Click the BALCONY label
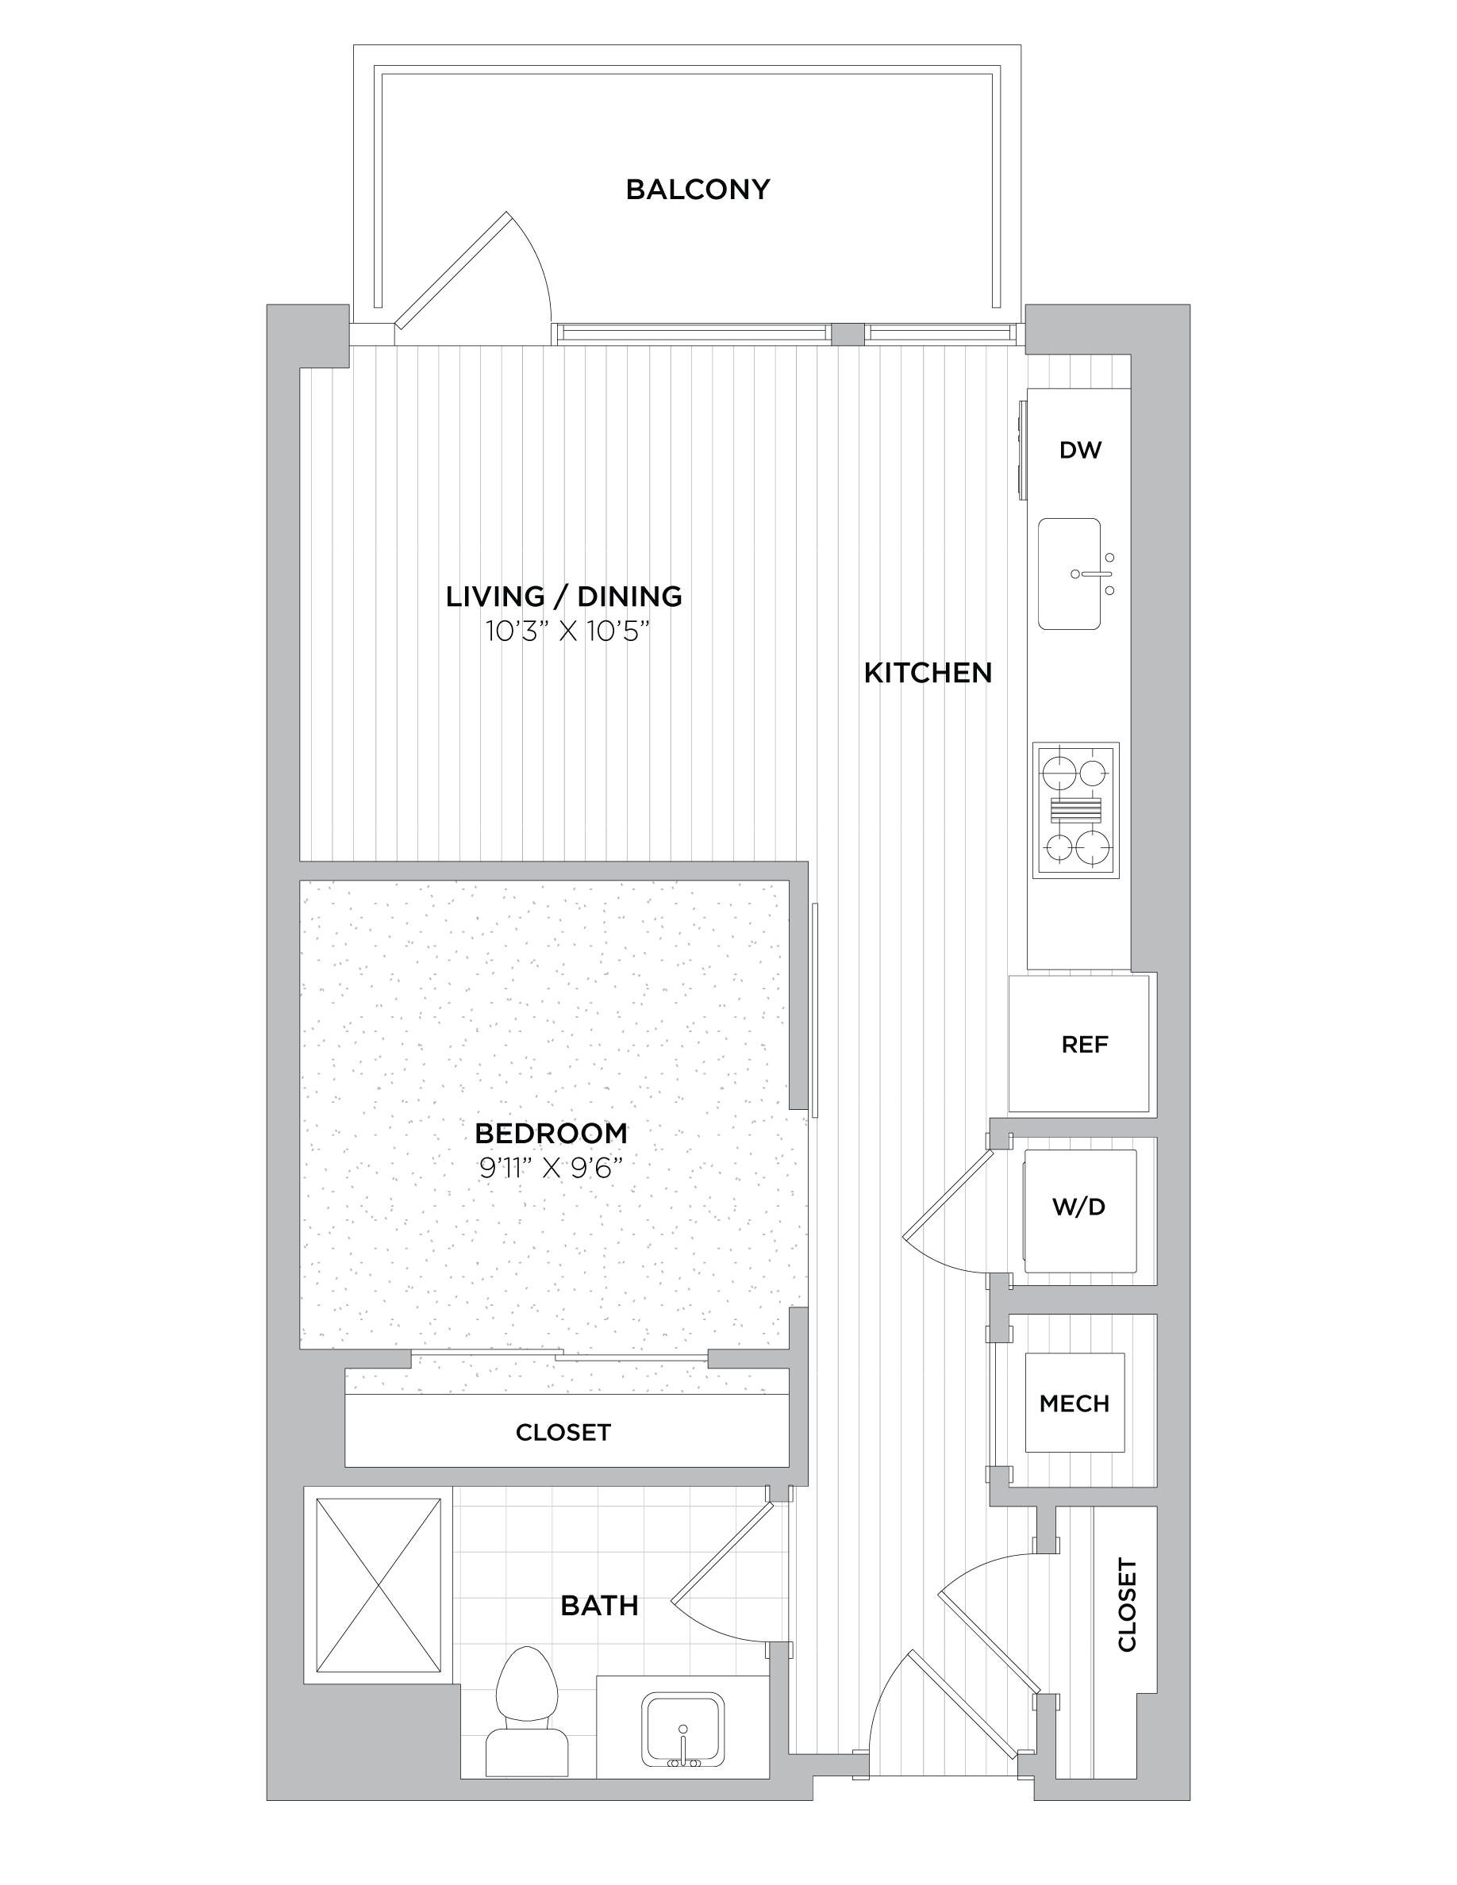tap(698, 189)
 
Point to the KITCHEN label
tap(928, 674)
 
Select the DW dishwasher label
tap(1080, 450)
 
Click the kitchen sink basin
tap(1070, 574)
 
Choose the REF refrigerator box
tap(1079, 1043)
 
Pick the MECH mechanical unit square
tap(1074, 1403)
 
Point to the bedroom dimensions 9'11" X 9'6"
tap(551, 1169)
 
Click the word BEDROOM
tap(551, 1132)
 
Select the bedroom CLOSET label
tap(563, 1433)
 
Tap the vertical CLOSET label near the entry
tap(1128, 1604)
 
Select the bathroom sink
tap(682, 1730)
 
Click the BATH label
tap(599, 1606)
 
